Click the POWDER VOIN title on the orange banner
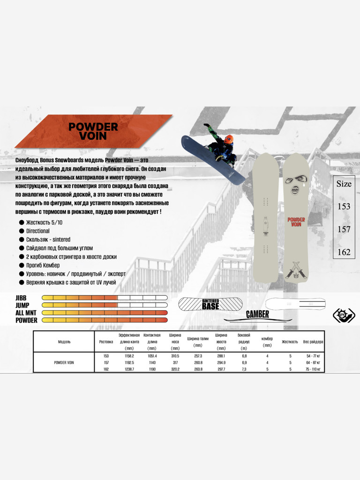pyautogui.click(x=93, y=131)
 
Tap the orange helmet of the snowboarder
pyautogui.click(x=229, y=139)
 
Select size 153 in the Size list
pyautogui.click(x=344, y=206)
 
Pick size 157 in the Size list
pyautogui.click(x=344, y=229)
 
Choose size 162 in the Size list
pyautogui.click(x=344, y=252)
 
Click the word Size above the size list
pyautogui.click(x=344, y=184)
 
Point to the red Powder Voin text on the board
pyautogui.click(x=296, y=222)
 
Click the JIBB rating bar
pyautogui.click(x=105, y=298)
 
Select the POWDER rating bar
pyautogui.click(x=105, y=320)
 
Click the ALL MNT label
pyautogui.click(x=26, y=313)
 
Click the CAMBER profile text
pyautogui.click(x=258, y=315)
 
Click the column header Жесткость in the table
pyautogui.click(x=290, y=342)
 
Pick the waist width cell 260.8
pyautogui.click(x=198, y=362)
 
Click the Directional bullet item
pyautogui.click(x=37, y=231)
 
